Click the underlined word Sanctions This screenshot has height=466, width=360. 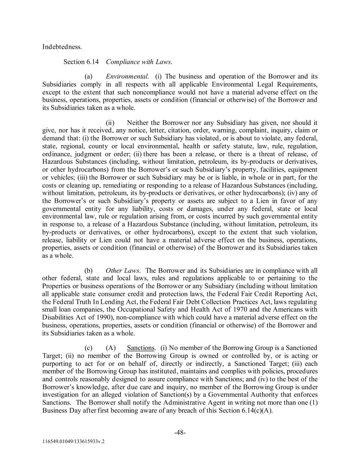[141, 348]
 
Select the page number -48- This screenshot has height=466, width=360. [180, 433]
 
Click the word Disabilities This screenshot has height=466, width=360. [57, 317]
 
